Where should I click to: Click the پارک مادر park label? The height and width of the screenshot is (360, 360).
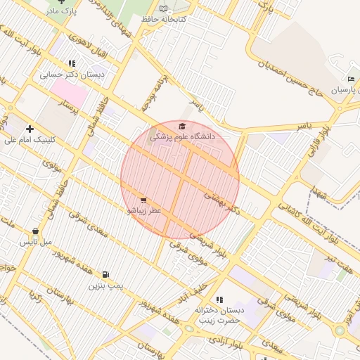[x=61, y=12]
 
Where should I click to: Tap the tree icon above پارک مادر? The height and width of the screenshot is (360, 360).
[x=61, y=1]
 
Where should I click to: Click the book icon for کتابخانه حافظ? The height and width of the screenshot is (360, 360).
[x=164, y=8]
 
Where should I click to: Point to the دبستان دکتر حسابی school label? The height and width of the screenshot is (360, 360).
[x=72, y=74]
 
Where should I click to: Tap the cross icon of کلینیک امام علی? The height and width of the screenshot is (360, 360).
[x=30, y=129]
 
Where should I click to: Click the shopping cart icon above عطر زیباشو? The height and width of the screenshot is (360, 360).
[x=144, y=200]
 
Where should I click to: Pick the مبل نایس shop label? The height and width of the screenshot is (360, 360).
[x=36, y=242]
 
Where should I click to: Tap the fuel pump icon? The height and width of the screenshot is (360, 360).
[x=105, y=275]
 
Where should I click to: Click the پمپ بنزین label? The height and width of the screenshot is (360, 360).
[x=105, y=285]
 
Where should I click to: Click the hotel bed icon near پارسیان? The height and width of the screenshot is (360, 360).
[x=351, y=79]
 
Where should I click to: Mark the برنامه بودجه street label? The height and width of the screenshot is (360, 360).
[x=156, y=95]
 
